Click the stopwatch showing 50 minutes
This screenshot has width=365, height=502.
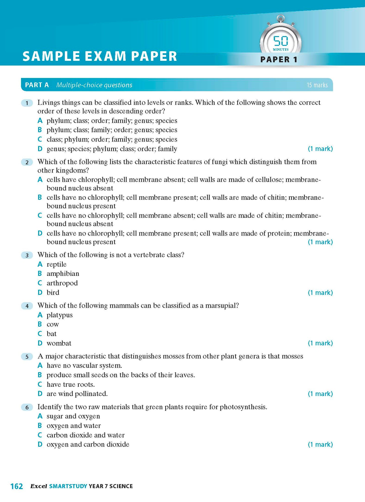[x=280, y=40]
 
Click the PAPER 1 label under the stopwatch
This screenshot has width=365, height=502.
[x=279, y=60]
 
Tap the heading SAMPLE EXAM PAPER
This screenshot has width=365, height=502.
[x=100, y=56]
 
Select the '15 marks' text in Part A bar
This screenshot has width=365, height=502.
[x=317, y=85]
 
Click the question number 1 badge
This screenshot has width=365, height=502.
[x=27, y=103]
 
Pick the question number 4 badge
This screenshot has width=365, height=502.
[x=27, y=306]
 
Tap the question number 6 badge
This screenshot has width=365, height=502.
[x=27, y=407]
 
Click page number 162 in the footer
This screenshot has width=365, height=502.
[x=17, y=486]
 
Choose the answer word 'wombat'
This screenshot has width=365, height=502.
[x=59, y=343]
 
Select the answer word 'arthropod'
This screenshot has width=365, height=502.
[x=62, y=283]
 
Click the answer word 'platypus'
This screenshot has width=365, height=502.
[x=60, y=315]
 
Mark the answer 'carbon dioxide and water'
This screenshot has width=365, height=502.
[x=86, y=435]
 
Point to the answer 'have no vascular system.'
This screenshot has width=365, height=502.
[x=84, y=366]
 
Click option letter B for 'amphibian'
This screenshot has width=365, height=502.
[x=40, y=274]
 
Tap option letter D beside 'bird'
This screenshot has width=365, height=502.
[x=40, y=293]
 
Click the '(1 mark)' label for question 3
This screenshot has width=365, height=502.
[x=320, y=293]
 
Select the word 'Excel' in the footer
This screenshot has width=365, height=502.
[x=39, y=486]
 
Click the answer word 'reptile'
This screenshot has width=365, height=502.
[x=57, y=264]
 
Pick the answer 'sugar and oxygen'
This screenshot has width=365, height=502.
[x=73, y=416]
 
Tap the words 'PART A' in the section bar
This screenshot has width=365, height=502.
[x=37, y=85]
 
